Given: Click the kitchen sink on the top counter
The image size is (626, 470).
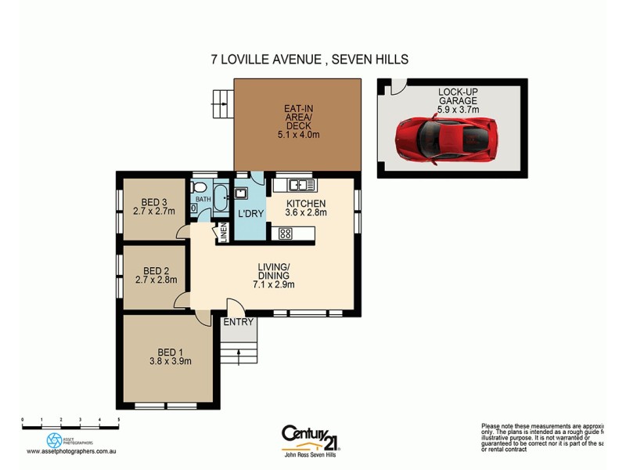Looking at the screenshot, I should pos(300,186).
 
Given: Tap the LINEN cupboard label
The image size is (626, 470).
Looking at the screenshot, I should pos(223,233).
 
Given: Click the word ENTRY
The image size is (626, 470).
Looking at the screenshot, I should pos(237,322).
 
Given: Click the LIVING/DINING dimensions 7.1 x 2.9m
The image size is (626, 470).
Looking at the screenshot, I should pos(274,285).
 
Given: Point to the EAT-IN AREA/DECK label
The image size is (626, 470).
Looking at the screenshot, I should pos(298,121).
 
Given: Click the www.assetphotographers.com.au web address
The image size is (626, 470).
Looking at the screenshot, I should pos(72,451).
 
